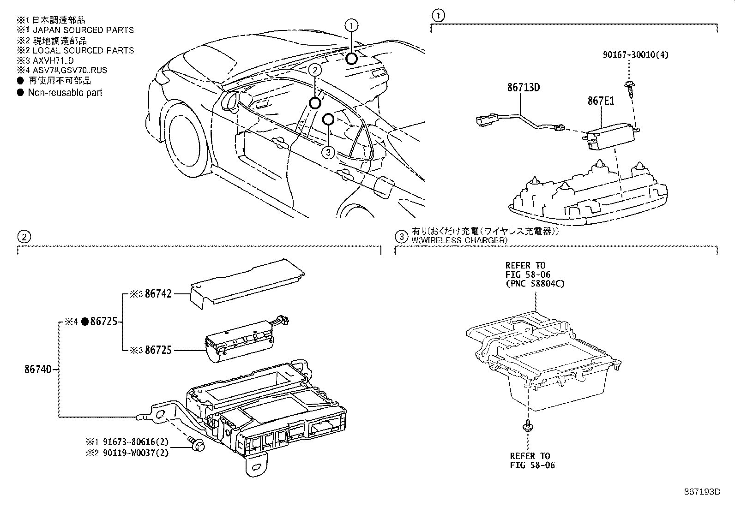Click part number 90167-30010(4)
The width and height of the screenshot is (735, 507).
tap(636, 55)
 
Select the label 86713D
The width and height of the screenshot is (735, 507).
tap(523, 87)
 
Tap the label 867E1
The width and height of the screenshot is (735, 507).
tap(601, 101)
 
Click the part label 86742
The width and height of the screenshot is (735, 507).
tap(158, 293)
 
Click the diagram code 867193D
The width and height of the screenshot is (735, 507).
tap(702, 491)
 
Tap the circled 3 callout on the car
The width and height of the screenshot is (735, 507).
tap(327, 153)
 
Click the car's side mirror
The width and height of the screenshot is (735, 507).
tap(229, 101)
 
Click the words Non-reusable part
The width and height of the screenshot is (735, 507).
tap(65, 93)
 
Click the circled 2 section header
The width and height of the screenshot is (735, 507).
tap(24, 237)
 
